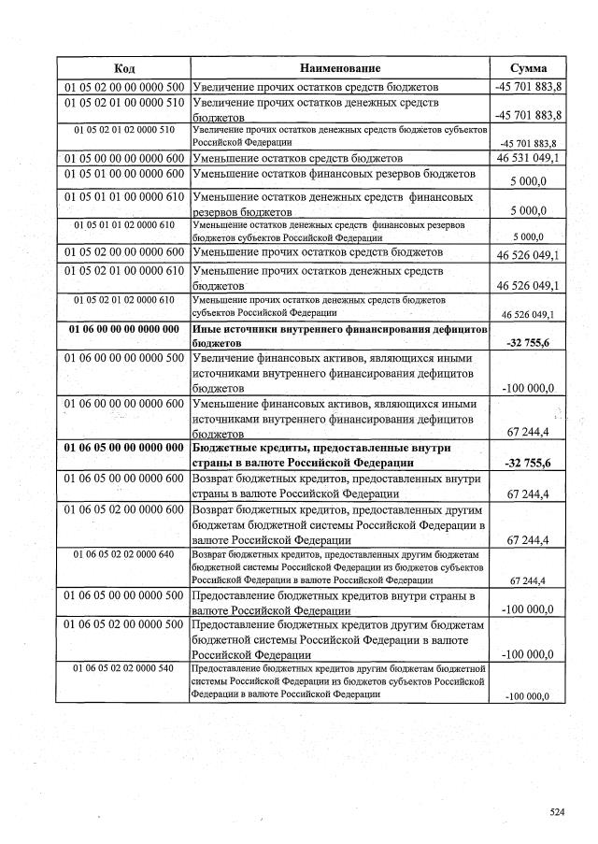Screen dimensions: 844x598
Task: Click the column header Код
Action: click(123, 69)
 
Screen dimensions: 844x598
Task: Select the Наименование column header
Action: click(340, 69)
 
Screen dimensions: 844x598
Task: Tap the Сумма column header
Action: click(529, 69)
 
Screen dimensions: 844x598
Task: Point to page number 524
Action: click(558, 812)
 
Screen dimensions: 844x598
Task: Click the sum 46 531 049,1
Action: click(529, 160)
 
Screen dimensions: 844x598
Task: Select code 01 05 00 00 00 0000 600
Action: click(123, 159)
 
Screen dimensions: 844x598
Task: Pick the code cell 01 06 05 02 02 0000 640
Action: click(123, 555)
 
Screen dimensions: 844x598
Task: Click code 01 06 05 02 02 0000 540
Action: click(123, 669)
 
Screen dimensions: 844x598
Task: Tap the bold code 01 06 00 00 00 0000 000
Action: click(123, 330)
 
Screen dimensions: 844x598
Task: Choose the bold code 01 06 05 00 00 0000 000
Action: click(123, 448)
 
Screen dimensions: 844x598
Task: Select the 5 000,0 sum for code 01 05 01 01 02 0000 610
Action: click(529, 236)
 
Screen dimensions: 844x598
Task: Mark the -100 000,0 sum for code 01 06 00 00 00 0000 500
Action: click(529, 388)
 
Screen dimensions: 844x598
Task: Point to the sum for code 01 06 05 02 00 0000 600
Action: click(529, 539)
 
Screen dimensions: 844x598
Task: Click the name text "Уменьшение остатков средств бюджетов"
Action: click(297, 159)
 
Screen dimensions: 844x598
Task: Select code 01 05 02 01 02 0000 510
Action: click(123, 130)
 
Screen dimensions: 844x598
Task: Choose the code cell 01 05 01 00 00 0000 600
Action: click(123, 174)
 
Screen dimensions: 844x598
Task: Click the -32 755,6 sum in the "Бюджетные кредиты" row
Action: click(529, 463)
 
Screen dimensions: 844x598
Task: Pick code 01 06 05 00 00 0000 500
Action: click(123, 595)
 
